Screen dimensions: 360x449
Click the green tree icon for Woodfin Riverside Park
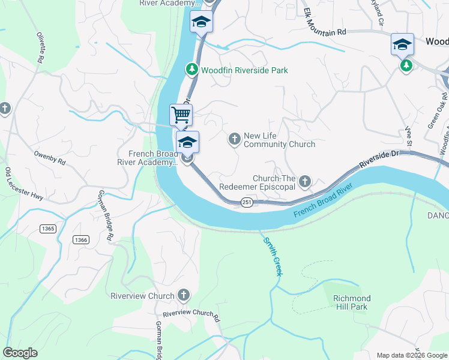pos(192,70)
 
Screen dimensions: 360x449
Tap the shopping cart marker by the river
pos(181,114)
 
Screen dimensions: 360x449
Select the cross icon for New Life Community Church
pos(234,139)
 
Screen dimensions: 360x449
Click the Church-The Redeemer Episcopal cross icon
pos(305,181)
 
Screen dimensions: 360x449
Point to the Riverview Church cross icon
pos(184,295)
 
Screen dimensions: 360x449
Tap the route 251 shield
pos(246,202)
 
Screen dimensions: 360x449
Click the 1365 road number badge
pos(49,229)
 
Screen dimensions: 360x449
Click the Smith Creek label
pos(272,256)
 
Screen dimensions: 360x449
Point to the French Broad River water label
pos(322,204)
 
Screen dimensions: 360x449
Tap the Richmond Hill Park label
pos(352,302)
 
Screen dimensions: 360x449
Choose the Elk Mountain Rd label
pos(325,23)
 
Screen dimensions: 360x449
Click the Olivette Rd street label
pos(41,47)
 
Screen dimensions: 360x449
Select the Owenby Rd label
pos(49,160)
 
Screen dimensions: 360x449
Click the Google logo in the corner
pos(20,353)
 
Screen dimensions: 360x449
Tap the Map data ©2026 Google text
pos(411,355)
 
